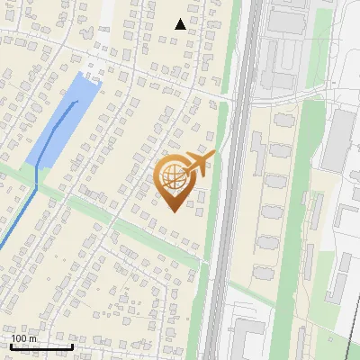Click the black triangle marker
pos(180,24)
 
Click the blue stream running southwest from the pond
pos(18,225)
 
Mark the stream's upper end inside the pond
pos(77,102)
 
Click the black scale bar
pos(41,346)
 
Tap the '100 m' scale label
pos(23,338)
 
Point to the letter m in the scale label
pos(32,339)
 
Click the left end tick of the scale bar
pos(11,345)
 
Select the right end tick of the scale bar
pos(72,345)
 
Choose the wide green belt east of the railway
pos(297,207)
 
